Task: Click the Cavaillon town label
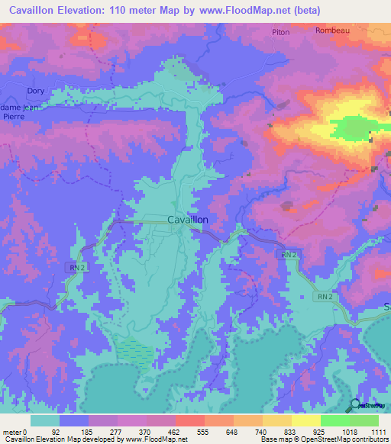click(x=187, y=220)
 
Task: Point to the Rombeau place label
click(x=332, y=31)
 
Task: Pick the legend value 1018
click(x=350, y=432)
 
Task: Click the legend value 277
click(x=117, y=432)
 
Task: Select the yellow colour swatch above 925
click(x=305, y=420)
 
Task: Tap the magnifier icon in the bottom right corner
click(x=354, y=405)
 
